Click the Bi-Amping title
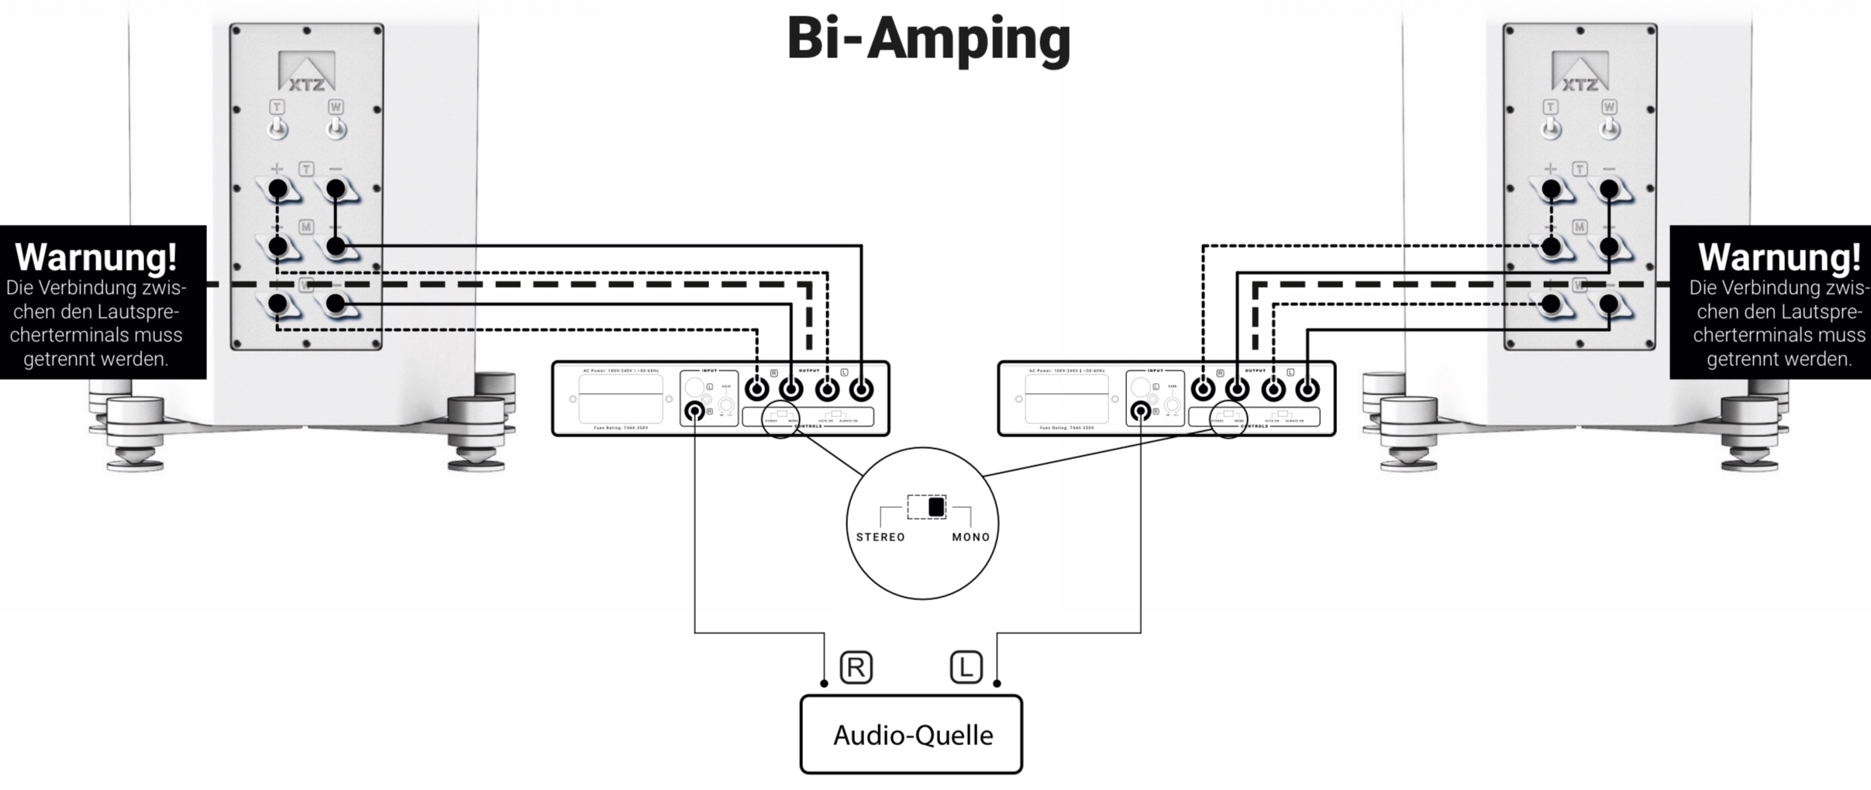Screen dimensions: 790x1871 click(x=929, y=39)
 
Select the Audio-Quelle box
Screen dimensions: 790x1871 click(x=911, y=734)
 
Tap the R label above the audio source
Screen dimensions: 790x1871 click(x=856, y=668)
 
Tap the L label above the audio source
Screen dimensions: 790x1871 click(x=966, y=668)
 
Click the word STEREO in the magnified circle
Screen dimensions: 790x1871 click(x=880, y=537)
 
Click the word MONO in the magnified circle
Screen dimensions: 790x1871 click(x=970, y=537)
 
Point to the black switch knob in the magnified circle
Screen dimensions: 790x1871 click(x=936, y=507)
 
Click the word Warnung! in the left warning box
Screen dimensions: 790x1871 click(x=96, y=257)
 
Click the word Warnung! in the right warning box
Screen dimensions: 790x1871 click(x=1779, y=257)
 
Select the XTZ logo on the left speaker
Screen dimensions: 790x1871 click(x=307, y=73)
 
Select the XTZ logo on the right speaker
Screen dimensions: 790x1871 click(x=1580, y=73)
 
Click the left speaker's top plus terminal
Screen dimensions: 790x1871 click(x=277, y=188)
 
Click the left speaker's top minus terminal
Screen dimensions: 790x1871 click(x=336, y=188)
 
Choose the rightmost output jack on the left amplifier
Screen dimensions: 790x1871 click(x=861, y=389)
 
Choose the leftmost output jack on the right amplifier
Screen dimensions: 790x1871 click(x=1203, y=389)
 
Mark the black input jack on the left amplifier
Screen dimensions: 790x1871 click(x=695, y=411)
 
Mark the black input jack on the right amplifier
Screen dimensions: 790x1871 click(x=1140, y=411)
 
